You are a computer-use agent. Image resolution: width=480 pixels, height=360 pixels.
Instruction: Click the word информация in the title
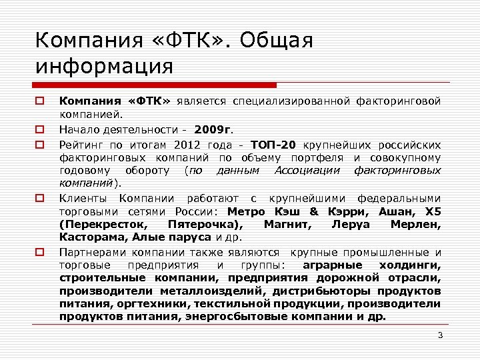[x=105, y=67]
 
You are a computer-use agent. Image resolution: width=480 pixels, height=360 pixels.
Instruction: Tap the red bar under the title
[x=155, y=85]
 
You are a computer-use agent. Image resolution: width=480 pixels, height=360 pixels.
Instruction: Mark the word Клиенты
[x=83, y=198]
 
